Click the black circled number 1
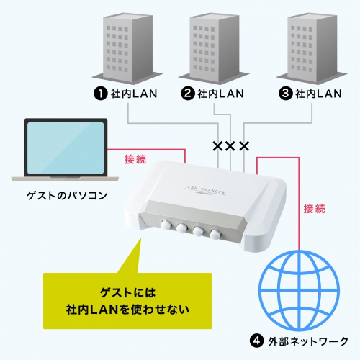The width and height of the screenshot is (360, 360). click(99, 93)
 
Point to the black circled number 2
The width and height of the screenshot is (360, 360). click(187, 93)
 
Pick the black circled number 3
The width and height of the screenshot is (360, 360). click(284, 93)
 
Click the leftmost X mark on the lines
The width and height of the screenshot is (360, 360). click(217, 146)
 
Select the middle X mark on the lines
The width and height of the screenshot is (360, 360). click(230, 146)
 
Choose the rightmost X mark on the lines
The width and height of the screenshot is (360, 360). click(244, 146)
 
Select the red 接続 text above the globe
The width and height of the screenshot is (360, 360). click(313, 209)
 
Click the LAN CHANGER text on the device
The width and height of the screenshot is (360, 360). click(207, 186)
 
